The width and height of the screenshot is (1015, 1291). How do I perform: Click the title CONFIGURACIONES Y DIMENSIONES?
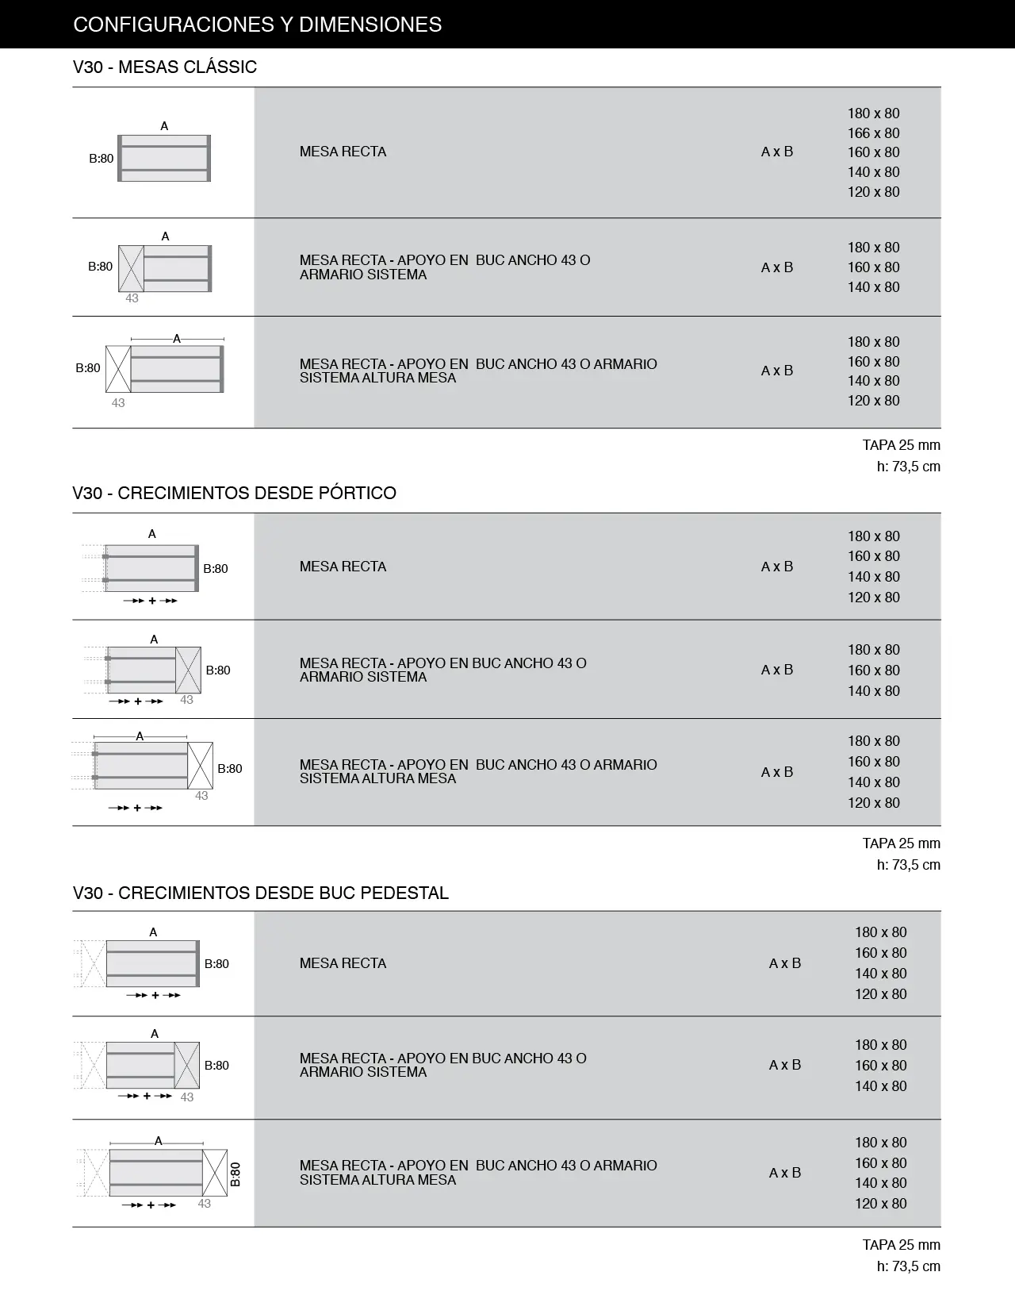257,25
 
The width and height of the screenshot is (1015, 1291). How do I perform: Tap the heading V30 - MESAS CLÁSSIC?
165,67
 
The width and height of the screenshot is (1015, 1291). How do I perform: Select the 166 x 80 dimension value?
873,133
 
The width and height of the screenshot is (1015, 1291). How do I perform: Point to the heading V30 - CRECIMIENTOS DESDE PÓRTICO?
234,493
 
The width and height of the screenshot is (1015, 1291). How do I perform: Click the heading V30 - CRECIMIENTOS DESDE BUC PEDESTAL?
260,893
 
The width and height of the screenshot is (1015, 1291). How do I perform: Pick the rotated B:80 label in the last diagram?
235,1174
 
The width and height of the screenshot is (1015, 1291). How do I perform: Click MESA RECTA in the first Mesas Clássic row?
343,152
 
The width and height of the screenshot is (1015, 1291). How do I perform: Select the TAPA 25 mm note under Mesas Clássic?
901,445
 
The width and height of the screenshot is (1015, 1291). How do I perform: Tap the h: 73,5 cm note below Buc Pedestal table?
908,1266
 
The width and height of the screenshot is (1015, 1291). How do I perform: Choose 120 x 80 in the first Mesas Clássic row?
873,192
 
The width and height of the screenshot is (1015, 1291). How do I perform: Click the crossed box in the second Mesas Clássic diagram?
131,269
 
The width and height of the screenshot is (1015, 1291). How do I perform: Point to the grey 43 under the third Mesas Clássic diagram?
118,403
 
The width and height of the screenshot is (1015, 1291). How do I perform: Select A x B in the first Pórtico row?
776,567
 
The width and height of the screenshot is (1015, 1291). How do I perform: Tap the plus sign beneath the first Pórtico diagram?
152,601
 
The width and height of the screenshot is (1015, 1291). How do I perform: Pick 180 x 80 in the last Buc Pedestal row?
880,1143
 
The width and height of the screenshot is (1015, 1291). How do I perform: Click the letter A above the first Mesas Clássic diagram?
164,126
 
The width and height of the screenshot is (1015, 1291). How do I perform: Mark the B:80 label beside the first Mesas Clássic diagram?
101,159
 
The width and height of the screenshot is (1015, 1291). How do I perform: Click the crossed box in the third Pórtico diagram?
201,765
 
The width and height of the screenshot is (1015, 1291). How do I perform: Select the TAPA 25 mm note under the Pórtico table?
901,843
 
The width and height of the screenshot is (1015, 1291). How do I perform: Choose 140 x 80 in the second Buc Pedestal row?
880,1086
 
